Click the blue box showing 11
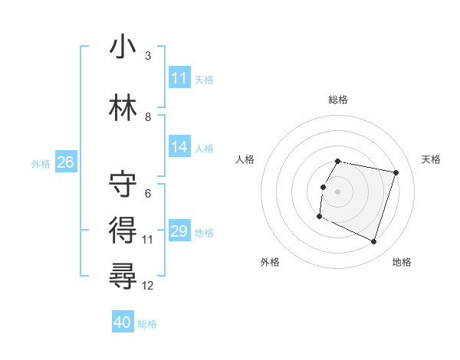pyautogui.click(x=179, y=78)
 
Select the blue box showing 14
pyautogui.click(x=179, y=147)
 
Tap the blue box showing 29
pyautogui.click(x=179, y=231)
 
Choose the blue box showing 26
pyautogui.click(x=65, y=162)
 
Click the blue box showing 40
pyautogui.click(x=123, y=323)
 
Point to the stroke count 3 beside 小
pyautogui.click(x=148, y=56)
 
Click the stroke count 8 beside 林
pyautogui.click(x=148, y=117)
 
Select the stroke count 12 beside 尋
pyautogui.click(x=148, y=286)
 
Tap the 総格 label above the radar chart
pyautogui.click(x=337, y=100)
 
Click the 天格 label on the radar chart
pyautogui.click(x=432, y=159)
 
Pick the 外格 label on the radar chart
pyautogui.click(x=270, y=262)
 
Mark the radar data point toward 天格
pyautogui.click(x=396, y=173)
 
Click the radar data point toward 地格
pyautogui.click(x=373, y=242)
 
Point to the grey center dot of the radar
pyautogui.click(x=337, y=191)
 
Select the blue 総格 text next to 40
pyautogui.click(x=147, y=324)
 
